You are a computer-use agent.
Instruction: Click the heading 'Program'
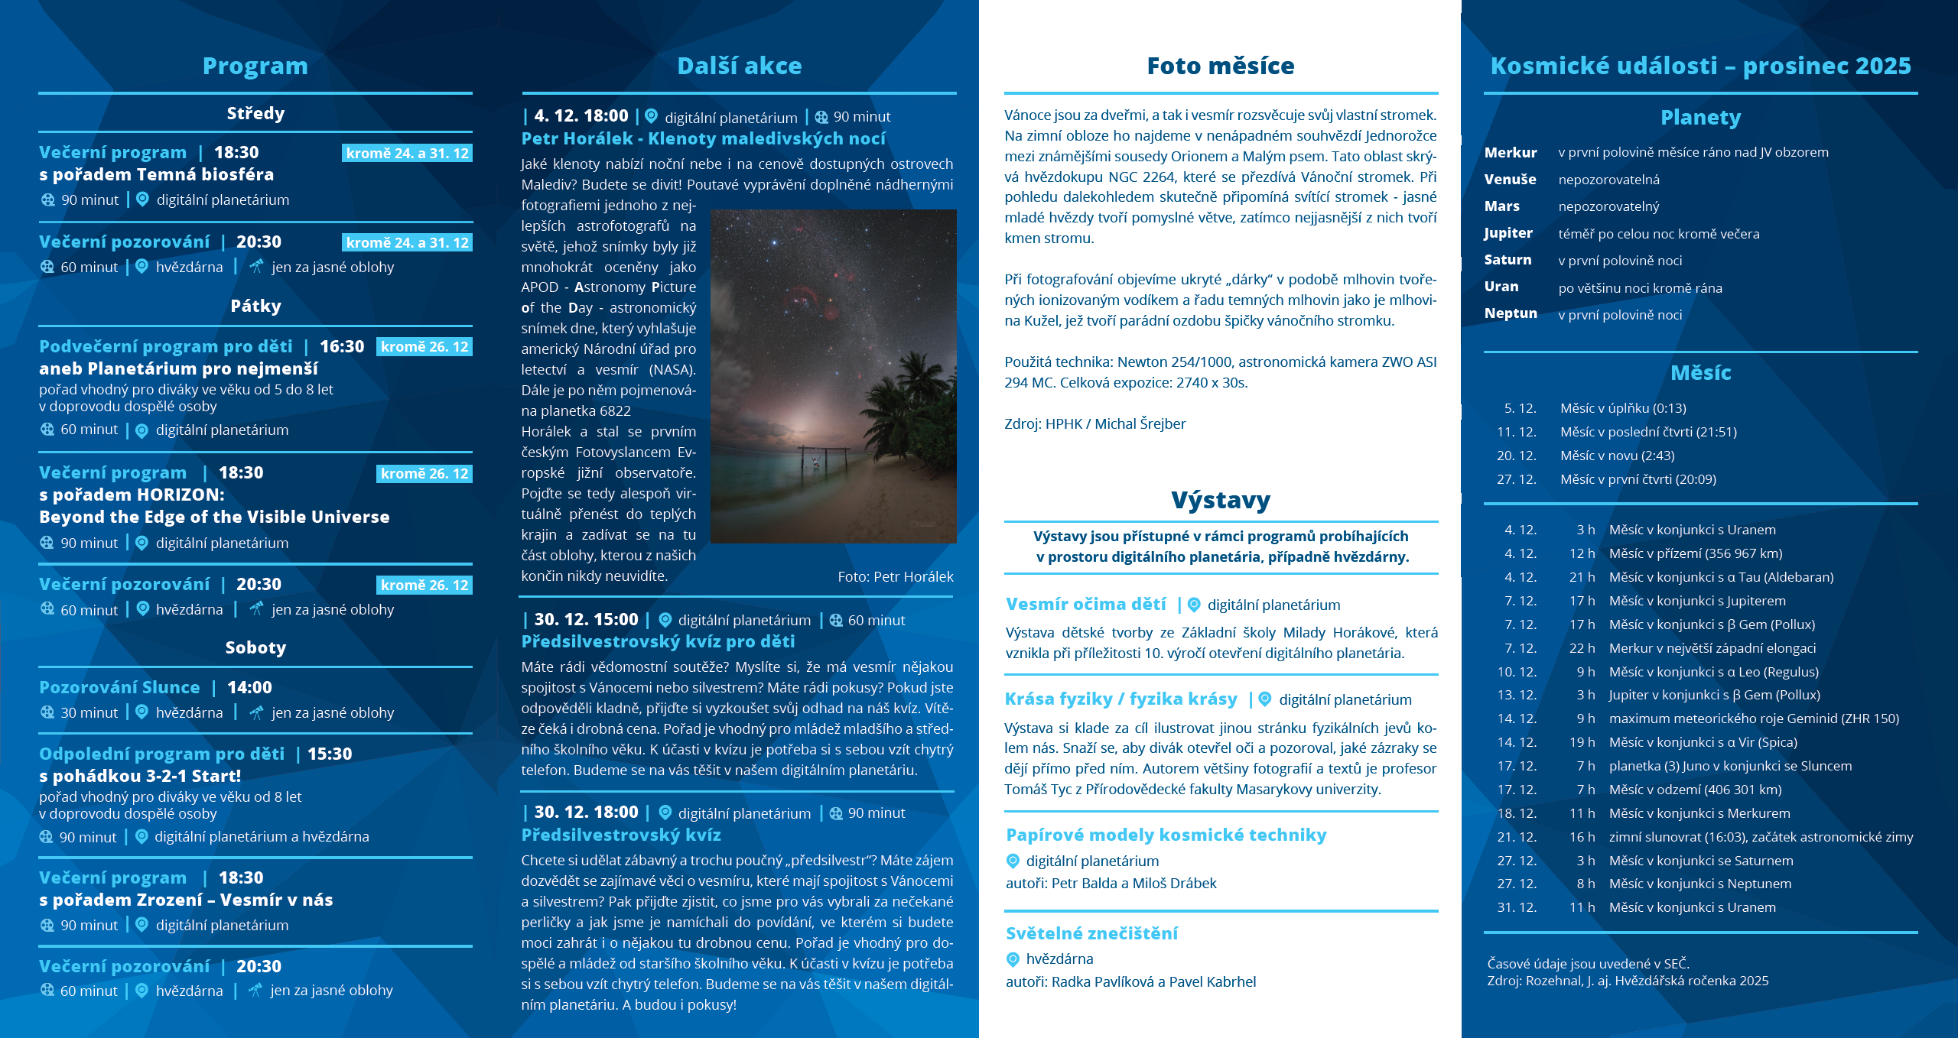pos(255,66)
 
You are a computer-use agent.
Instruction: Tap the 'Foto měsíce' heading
pos(1220,66)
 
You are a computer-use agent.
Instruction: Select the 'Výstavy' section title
pos(1220,501)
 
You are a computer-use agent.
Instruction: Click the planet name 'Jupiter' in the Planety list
pos(1508,233)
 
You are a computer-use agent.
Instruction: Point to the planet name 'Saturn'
pos(1508,260)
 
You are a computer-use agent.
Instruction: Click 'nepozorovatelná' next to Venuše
pos(1608,180)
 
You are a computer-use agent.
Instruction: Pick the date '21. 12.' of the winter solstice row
pos(1516,837)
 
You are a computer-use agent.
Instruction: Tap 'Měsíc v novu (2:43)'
pos(1617,456)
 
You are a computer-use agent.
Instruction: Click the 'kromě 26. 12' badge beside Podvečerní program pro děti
pos(424,347)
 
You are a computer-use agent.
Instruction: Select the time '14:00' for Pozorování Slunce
pos(249,687)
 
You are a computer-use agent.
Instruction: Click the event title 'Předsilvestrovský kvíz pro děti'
pos(658,641)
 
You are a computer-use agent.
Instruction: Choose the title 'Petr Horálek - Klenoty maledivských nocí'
pos(703,138)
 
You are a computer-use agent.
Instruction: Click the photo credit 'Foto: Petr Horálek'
pos(895,577)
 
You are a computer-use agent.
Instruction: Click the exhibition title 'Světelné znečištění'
pos(1091,933)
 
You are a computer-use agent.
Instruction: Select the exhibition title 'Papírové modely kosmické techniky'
pos(1166,835)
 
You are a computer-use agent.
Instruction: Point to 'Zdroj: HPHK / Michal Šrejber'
pos(1094,423)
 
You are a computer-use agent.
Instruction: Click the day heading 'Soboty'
pos(255,647)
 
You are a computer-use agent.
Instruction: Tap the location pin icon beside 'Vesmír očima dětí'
pos(1194,605)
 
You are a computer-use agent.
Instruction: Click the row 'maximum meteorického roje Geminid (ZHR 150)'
pos(1753,718)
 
